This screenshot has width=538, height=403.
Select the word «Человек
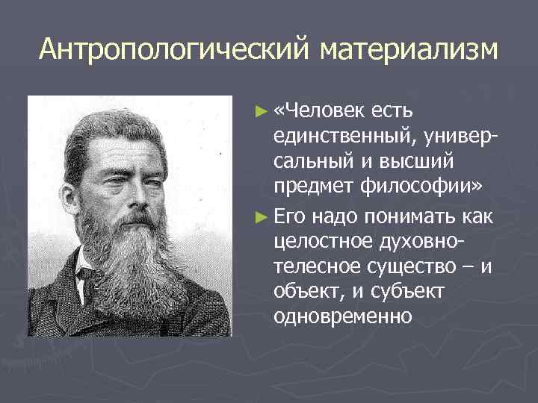tap(316, 111)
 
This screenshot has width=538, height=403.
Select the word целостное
tap(317, 243)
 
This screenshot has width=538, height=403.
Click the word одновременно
tap(343, 316)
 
